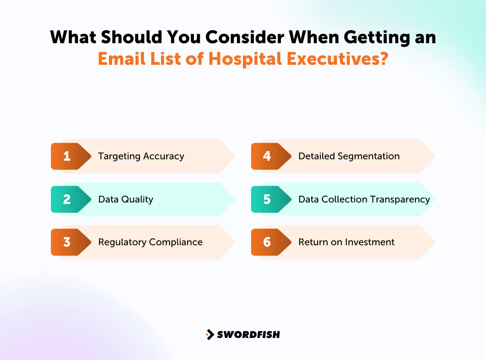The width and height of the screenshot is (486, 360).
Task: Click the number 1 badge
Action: point(67,156)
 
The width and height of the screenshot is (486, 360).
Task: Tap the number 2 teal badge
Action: point(67,199)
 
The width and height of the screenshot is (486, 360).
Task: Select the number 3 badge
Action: point(67,242)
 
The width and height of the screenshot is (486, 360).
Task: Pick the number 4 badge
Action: point(267,156)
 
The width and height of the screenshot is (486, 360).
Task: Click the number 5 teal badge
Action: point(267,199)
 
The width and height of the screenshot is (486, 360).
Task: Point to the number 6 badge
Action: point(267,242)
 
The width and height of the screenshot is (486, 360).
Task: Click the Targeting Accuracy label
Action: point(141,156)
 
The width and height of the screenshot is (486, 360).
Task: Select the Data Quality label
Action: point(126,199)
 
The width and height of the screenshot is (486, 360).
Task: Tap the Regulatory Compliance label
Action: point(150,242)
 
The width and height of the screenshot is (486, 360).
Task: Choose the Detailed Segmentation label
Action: point(349,156)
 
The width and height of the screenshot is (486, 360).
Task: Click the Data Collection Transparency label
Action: point(364,199)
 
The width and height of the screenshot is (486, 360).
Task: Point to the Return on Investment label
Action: point(346,242)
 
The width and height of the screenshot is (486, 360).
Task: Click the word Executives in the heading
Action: point(334,59)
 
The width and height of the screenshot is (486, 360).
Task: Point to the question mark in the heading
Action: point(383,59)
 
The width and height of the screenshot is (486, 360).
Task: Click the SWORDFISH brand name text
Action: point(248,334)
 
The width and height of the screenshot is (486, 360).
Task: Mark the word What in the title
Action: point(73,36)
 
